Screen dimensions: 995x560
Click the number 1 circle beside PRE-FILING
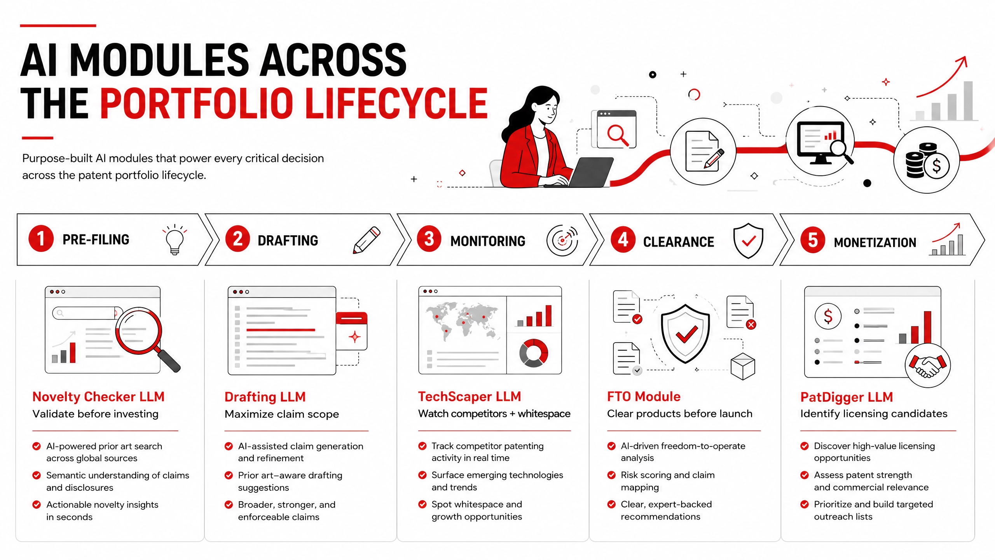click(41, 238)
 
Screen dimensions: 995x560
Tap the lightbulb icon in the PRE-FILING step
click(175, 240)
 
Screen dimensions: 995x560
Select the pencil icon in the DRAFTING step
click(367, 240)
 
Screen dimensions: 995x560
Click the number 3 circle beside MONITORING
click(429, 239)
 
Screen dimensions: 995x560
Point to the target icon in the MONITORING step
click(562, 240)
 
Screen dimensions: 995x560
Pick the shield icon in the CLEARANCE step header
click(748, 241)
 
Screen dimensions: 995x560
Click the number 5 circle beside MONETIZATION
click(813, 240)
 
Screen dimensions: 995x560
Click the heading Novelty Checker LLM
click(98, 397)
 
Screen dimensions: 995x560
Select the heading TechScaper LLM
click(470, 396)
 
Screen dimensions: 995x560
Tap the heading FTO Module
click(644, 396)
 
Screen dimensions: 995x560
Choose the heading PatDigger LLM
click(847, 397)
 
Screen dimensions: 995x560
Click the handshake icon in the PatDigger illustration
click(928, 366)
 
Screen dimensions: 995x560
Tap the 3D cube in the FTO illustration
click(743, 366)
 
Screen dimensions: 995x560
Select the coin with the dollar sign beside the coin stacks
click(937, 166)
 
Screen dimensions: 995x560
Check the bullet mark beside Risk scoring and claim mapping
click(611, 475)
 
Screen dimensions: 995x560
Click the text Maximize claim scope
click(282, 414)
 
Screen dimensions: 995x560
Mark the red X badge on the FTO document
click(751, 324)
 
